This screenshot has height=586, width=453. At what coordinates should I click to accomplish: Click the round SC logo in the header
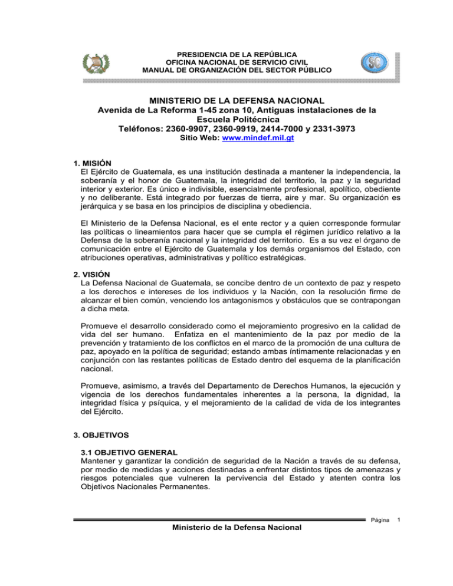370,62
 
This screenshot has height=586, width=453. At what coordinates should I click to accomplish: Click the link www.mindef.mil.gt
255,139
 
